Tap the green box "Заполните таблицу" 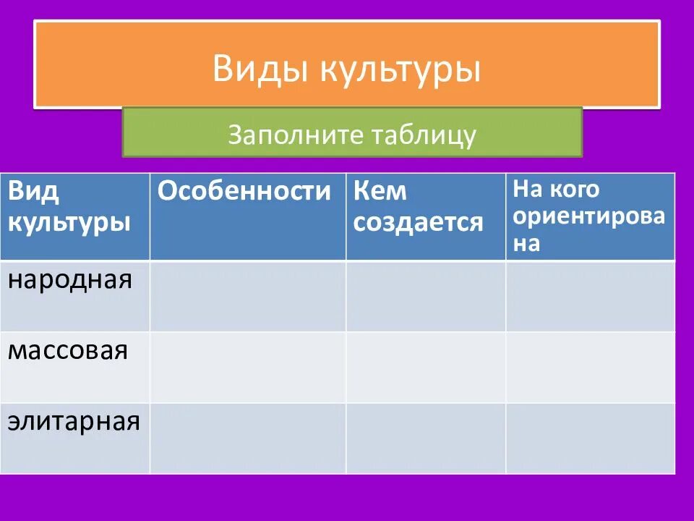(x=352, y=134)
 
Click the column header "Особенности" (x=244, y=192)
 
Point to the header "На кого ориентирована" (x=588, y=216)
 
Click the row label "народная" (x=70, y=279)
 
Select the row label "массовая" (x=68, y=351)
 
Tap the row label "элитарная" (x=74, y=421)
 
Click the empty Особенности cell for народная (x=248, y=296)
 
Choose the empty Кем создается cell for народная (x=426, y=296)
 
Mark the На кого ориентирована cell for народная (x=590, y=296)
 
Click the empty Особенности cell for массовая (x=248, y=367)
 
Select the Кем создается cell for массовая (x=426, y=367)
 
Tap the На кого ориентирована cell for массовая (x=590, y=367)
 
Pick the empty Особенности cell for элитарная (x=248, y=438)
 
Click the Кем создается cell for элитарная (x=426, y=438)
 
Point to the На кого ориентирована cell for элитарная (x=590, y=438)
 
